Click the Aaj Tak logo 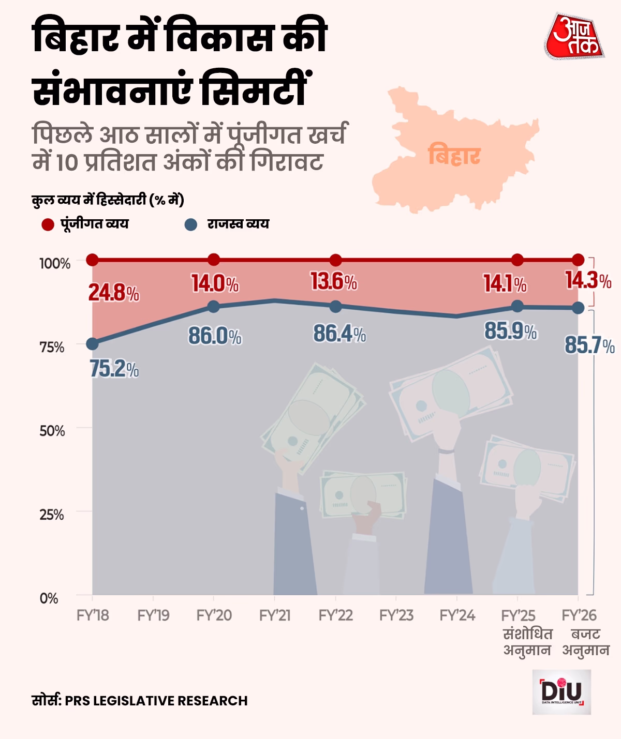click(x=574, y=36)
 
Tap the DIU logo click(x=561, y=692)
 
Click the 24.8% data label click(x=113, y=293)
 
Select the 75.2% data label click(x=114, y=369)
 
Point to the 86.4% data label click(x=339, y=334)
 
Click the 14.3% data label click(x=588, y=281)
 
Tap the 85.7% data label click(x=589, y=345)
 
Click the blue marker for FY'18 click(x=92, y=344)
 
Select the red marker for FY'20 click(x=214, y=260)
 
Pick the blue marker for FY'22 click(x=335, y=307)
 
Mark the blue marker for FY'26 click(x=578, y=308)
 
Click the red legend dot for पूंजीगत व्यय click(x=48, y=224)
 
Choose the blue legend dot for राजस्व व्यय click(x=191, y=224)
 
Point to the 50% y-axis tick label click(x=52, y=431)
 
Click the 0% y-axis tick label click(x=49, y=598)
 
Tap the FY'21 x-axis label click(x=275, y=615)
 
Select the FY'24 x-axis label click(x=457, y=615)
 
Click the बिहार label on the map click(x=454, y=155)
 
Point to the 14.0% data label click(x=215, y=284)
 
